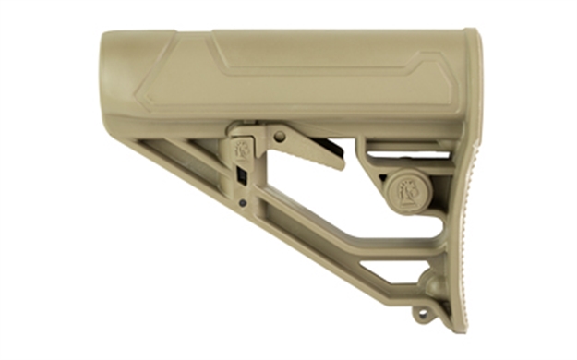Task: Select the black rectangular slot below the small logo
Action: [241, 174]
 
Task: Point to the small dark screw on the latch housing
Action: [242, 202]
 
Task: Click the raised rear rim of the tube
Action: [472, 83]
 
